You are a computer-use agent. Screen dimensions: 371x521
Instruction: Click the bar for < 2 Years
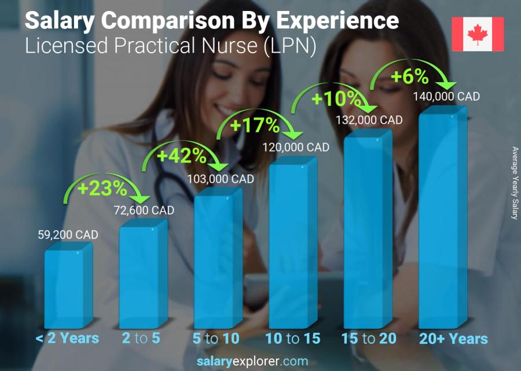tap(67, 288)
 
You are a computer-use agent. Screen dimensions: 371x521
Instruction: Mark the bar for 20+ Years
tap(442, 220)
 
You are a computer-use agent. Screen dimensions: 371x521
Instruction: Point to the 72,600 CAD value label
tap(142, 211)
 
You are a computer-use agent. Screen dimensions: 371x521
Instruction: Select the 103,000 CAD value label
tap(221, 179)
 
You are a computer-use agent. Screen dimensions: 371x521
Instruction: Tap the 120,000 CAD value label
tap(296, 148)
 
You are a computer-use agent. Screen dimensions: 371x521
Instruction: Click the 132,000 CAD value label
tap(369, 120)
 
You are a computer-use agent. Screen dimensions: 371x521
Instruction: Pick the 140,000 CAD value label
tap(446, 97)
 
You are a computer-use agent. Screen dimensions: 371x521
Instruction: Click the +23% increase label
tap(104, 188)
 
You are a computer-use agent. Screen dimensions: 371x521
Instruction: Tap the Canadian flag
tap(478, 34)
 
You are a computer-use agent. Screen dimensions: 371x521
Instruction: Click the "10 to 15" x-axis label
tap(292, 339)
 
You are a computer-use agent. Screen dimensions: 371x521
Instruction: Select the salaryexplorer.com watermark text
tap(260, 361)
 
